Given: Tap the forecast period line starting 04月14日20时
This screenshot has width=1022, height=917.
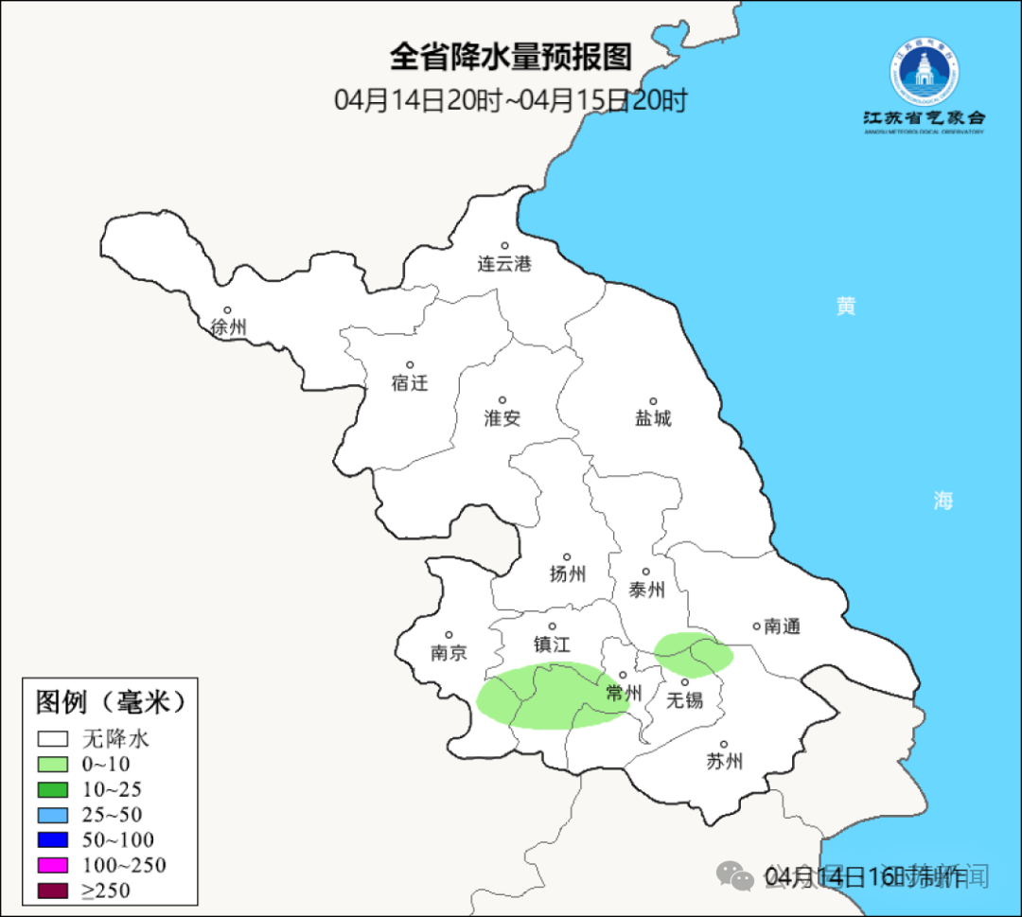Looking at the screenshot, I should (x=510, y=100).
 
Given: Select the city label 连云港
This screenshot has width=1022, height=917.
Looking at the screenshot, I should (x=504, y=264).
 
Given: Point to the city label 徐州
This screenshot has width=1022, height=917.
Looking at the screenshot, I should (x=229, y=327).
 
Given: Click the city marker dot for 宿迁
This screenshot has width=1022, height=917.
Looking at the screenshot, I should (x=410, y=365).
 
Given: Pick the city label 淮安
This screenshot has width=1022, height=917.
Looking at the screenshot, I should (x=502, y=418).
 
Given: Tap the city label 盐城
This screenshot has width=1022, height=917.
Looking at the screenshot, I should (x=653, y=418).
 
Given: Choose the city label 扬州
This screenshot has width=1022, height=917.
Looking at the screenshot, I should (x=568, y=573).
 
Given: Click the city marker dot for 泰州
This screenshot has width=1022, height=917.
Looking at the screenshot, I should (x=646, y=572).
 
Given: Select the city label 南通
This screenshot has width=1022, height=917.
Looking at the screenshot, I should (x=782, y=626).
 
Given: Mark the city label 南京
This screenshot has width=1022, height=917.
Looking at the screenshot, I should (x=449, y=653).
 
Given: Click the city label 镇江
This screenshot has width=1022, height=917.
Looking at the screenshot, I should (x=552, y=644).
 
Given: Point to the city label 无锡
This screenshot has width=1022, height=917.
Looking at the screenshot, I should (x=684, y=700).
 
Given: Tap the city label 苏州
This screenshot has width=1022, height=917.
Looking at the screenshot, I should (x=724, y=762).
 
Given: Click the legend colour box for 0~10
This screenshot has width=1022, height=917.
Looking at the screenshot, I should (x=53, y=764).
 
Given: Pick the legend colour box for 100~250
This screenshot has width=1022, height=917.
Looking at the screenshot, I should (x=53, y=865).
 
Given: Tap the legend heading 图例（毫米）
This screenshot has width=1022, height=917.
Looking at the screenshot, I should (x=110, y=702).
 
